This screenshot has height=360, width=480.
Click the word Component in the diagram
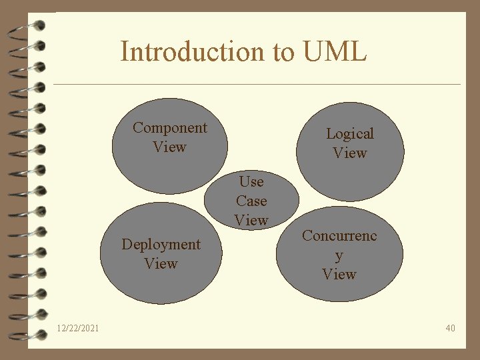169,127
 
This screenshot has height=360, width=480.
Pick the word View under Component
169,147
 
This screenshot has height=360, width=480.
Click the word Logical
349,133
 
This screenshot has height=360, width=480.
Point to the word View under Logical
349,153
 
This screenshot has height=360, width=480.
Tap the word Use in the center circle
251,181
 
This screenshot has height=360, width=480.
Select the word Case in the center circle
251,201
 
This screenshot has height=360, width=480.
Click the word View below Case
251,220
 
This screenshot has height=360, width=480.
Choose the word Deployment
161,245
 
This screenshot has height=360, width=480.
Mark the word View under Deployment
161,264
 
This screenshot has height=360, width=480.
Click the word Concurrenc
339,235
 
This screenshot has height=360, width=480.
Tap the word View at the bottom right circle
339,274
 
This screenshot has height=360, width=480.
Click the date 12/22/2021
79,328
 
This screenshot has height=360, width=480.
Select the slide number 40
450,328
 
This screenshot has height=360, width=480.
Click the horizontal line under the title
257,85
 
